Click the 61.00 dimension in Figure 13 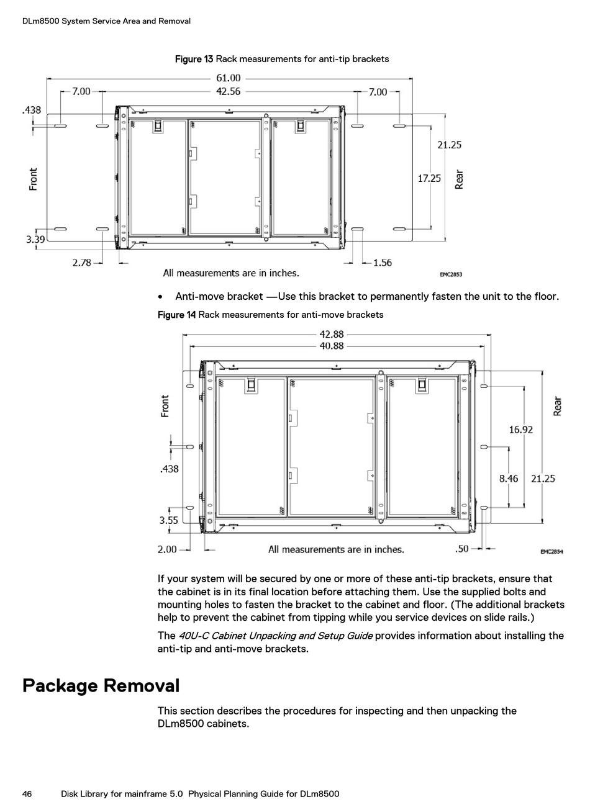tap(228, 78)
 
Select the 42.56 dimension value tap(228, 91)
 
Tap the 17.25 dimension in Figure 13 tap(429, 178)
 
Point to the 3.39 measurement tap(35, 239)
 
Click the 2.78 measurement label tap(81, 263)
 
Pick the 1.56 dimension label tap(382, 263)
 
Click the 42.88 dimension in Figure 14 tap(332, 335)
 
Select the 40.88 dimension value tap(332, 346)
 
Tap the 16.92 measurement tap(520, 430)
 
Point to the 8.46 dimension tap(508, 479)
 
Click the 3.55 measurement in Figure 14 tap(168, 520)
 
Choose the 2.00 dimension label tap(167, 549)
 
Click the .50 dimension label tap(462, 549)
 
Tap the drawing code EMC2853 tap(451, 274)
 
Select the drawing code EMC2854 tap(551, 551)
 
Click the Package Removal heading tap(101, 686)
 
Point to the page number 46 tap(27, 794)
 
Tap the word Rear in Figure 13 tap(460, 179)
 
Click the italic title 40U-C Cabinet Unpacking tap(276, 636)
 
